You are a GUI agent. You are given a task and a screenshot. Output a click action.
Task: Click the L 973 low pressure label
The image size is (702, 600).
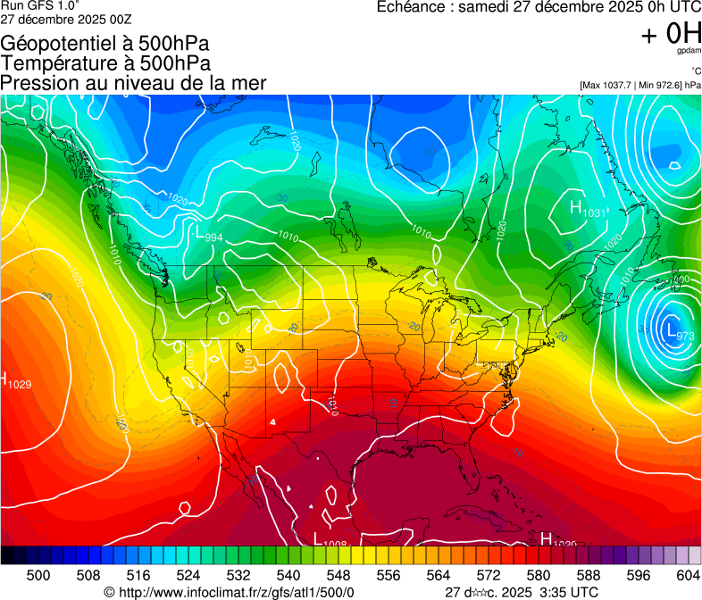[678, 332]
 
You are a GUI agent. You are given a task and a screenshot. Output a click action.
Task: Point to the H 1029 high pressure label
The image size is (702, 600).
[16, 380]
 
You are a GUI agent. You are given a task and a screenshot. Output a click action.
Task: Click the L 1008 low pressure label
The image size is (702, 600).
[330, 539]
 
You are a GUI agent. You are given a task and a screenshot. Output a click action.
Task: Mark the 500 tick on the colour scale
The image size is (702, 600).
[38, 575]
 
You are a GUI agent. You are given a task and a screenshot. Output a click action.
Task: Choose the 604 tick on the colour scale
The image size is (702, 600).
[689, 575]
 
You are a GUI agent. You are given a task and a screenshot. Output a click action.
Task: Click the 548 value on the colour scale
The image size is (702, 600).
[338, 575]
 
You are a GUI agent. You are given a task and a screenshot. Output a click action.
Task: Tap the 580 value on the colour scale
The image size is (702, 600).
[539, 575]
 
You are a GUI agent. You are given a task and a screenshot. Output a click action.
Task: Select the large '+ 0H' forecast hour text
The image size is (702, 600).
[671, 34]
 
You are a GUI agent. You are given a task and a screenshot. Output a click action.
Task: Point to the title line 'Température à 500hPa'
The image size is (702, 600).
[105, 63]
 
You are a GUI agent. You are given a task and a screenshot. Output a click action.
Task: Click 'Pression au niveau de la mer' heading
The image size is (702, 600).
[133, 83]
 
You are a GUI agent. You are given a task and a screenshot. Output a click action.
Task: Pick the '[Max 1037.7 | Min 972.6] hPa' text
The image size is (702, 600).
[639, 86]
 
